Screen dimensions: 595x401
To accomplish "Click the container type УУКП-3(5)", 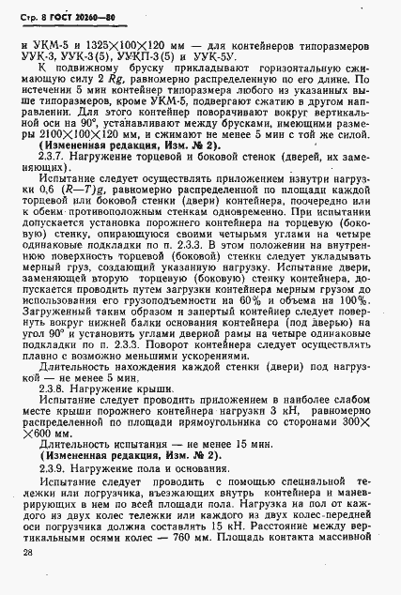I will click(x=160, y=57).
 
